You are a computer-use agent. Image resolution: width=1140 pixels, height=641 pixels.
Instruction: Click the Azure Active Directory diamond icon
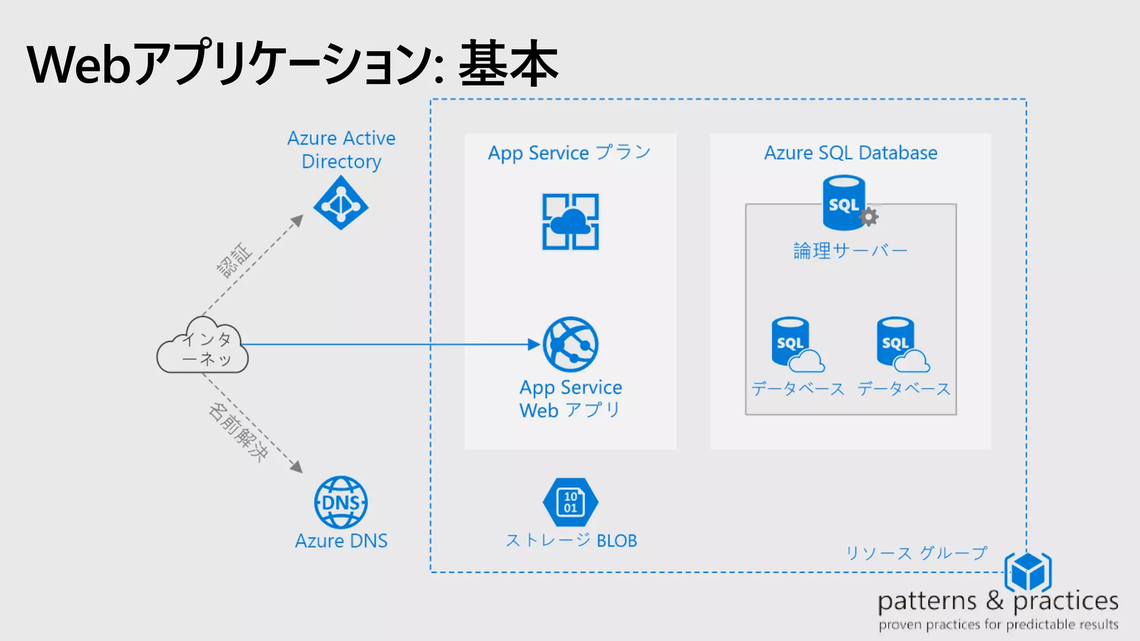(x=341, y=203)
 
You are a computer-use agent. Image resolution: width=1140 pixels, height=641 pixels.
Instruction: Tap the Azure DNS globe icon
(x=341, y=502)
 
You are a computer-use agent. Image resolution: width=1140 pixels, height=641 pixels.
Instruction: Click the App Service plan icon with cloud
(x=571, y=222)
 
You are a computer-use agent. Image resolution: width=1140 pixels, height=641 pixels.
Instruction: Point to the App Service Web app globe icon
(x=571, y=344)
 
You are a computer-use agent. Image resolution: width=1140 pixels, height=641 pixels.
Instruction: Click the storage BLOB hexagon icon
(x=571, y=502)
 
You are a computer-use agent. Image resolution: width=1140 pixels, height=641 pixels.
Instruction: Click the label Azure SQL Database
(x=850, y=153)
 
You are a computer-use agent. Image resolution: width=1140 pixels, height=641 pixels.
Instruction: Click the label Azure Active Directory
(x=341, y=149)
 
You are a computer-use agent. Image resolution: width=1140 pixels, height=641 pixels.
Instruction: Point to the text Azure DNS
(x=341, y=541)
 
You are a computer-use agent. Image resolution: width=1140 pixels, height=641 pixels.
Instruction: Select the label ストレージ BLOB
(x=571, y=540)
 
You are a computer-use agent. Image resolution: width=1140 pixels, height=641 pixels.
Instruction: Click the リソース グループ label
(x=916, y=553)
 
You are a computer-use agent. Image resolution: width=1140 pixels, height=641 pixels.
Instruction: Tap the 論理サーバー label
(x=850, y=251)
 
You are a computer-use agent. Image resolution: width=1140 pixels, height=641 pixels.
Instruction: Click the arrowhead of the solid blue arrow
(x=534, y=344)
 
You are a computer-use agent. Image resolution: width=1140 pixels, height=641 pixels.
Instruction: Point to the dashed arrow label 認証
(x=234, y=260)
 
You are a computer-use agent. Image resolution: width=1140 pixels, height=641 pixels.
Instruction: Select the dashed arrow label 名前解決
(x=238, y=432)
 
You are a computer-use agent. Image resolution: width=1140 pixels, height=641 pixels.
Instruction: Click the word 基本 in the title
(x=508, y=64)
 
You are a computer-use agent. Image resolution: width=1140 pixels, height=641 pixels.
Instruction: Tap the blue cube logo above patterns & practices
(x=1028, y=571)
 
